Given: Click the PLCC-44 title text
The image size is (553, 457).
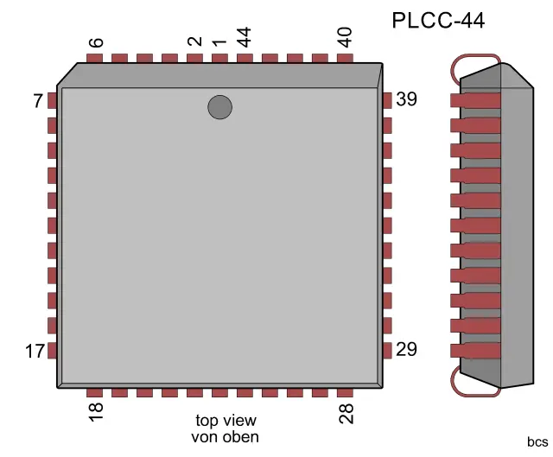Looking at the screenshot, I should [438, 20].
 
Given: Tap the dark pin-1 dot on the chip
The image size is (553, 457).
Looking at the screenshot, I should [219, 107].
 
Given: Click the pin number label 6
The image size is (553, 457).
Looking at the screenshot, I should [96, 42].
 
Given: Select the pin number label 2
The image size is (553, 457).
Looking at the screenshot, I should [195, 41].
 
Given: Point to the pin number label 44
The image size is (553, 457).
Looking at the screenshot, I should [245, 37].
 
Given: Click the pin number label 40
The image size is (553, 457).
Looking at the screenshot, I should [345, 37].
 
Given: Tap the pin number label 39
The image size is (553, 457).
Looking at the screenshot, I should [406, 99].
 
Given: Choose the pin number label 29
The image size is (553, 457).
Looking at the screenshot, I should [406, 350].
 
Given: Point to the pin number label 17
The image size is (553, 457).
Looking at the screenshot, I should [35, 352].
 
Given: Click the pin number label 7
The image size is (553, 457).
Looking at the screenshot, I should [38, 101].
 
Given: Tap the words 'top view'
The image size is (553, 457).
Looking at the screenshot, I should [225, 421].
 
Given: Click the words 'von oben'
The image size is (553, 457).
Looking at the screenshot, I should [225, 436].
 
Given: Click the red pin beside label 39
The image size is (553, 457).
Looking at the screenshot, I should [387, 100].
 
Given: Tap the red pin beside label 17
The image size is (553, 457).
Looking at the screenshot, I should [52, 351].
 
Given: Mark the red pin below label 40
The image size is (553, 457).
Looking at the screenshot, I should [345, 59].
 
